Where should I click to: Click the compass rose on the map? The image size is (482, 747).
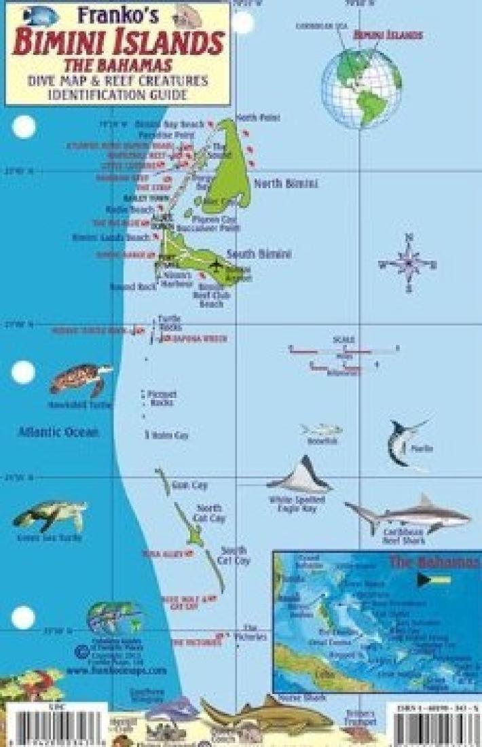(x=408, y=262)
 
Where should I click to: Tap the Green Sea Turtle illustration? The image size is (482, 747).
(x=50, y=516)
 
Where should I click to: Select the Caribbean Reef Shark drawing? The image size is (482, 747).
(x=407, y=515)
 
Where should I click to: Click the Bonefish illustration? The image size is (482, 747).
(x=321, y=430)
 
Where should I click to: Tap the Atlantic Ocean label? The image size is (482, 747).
(x=58, y=432)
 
